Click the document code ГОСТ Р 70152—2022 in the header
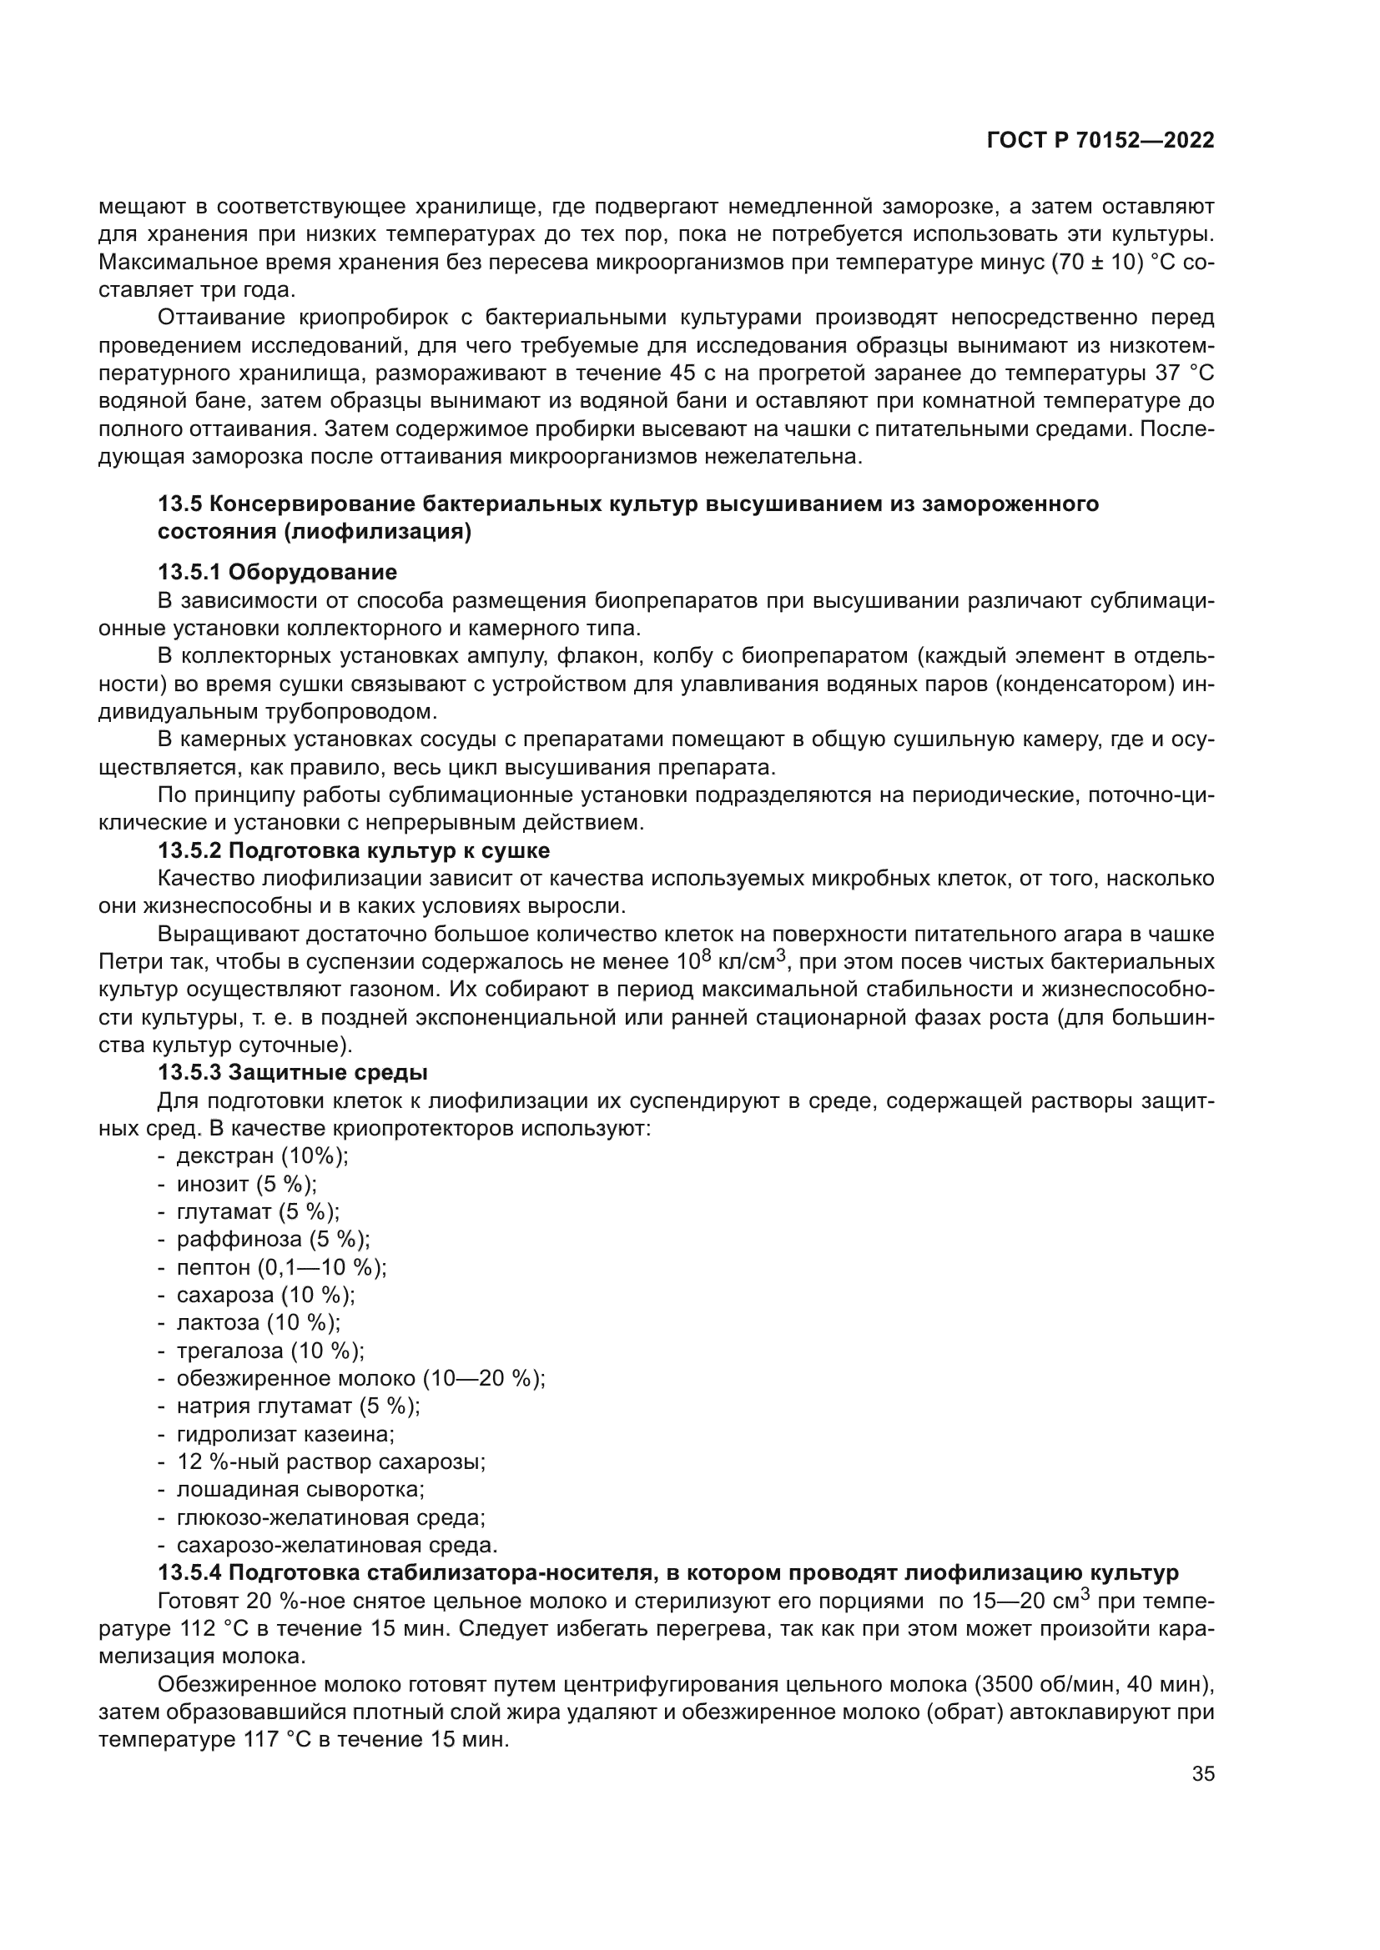pyautogui.click(x=1100, y=141)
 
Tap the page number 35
pyautogui.click(x=1202, y=1774)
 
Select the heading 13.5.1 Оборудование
pyautogui.click(x=277, y=572)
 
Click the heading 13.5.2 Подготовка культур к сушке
pyautogui.click(x=354, y=850)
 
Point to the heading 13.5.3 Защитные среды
pyautogui.click(x=292, y=1073)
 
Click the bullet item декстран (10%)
pyautogui.click(x=262, y=1155)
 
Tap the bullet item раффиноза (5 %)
pyautogui.click(x=273, y=1239)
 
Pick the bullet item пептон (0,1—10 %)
pyautogui.click(x=281, y=1267)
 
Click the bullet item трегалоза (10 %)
pyautogui.click(x=270, y=1351)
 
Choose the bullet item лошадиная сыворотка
pyautogui.click(x=300, y=1490)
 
